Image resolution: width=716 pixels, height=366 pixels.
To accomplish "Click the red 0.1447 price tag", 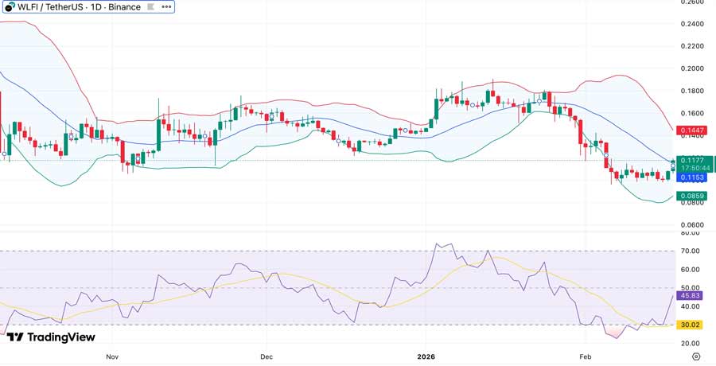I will click(691, 130).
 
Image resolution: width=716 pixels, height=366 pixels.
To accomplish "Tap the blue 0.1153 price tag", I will click(691, 177).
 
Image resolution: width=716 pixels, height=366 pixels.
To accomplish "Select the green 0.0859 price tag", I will click(691, 196).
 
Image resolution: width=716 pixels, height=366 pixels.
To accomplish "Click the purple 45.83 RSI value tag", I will click(689, 296).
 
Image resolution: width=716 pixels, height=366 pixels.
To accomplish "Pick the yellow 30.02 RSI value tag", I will click(689, 325).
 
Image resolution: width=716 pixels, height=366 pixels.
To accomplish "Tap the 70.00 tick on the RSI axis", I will click(689, 251).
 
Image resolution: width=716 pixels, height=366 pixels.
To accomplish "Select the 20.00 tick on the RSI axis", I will click(689, 344).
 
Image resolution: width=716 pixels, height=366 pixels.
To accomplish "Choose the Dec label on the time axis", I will click(266, 357).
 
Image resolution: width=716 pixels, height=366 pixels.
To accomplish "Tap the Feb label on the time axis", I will click(586, 357).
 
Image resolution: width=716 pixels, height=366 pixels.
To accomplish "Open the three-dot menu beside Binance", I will click(165, 7).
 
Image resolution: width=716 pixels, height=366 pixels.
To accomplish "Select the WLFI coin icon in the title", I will click(10, 7).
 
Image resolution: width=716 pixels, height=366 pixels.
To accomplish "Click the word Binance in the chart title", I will click(124, 7).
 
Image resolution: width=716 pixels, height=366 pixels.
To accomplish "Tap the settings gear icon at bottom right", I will click(696, 356).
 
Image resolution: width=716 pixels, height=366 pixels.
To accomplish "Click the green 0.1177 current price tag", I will click(691, 160).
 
